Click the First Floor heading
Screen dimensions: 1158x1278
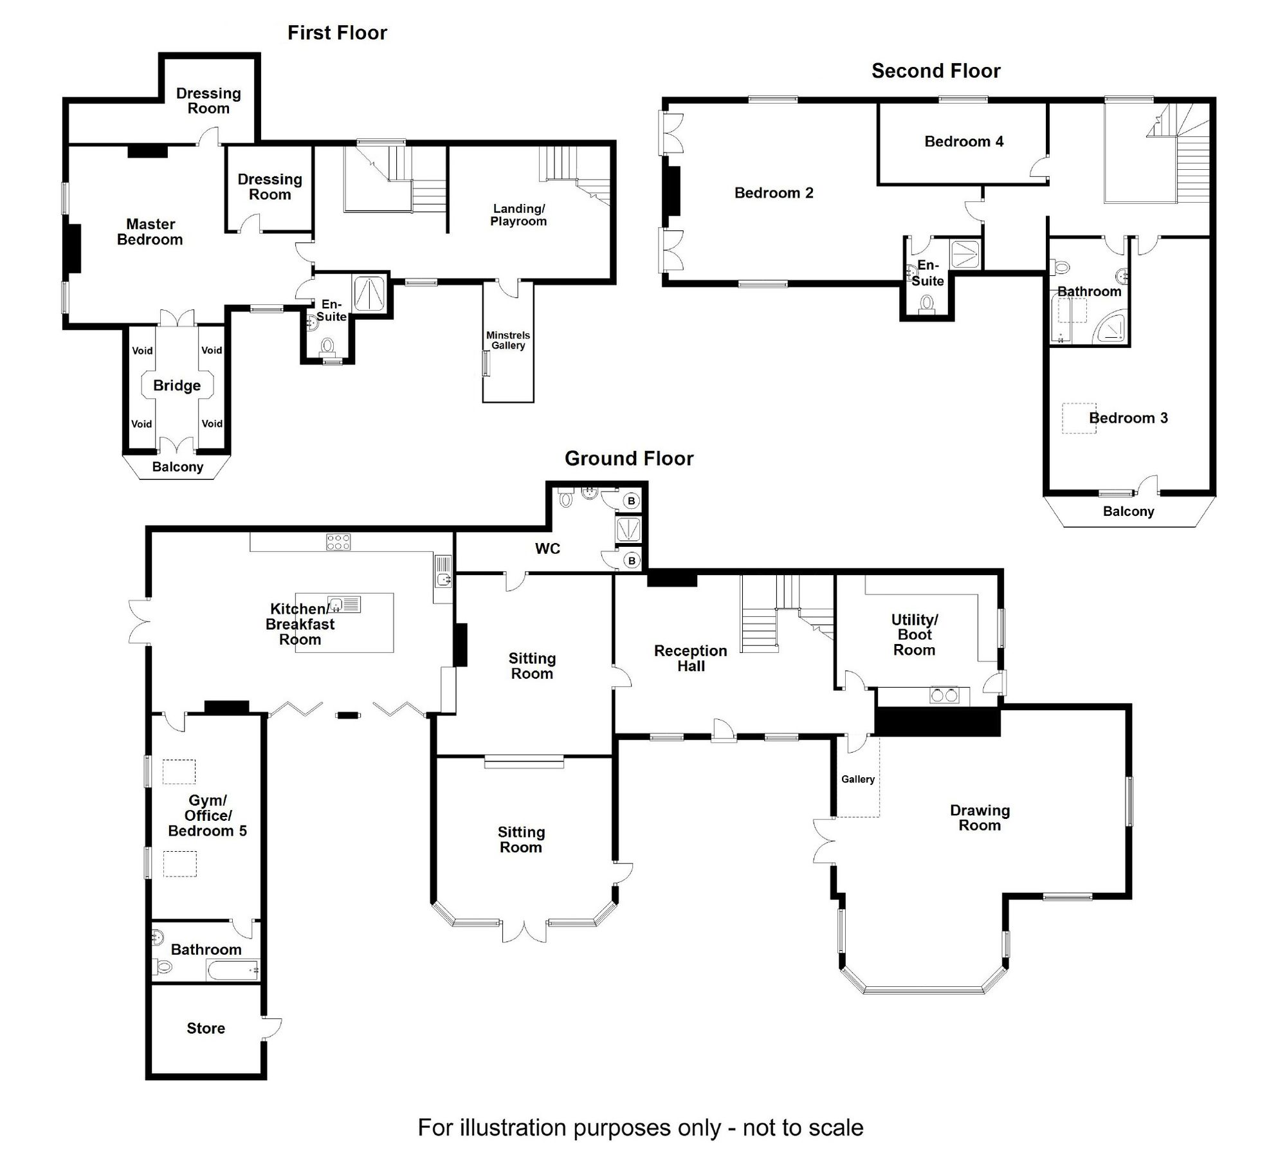[x=336, y=33]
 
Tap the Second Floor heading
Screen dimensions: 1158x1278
[x=935, y=71]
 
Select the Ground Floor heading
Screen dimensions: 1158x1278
[x=628, y=459]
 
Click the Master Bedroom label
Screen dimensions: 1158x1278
[x=150, y=232]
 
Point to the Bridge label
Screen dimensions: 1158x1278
[x=177, y=385]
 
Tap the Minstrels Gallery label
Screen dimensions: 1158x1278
[x=507, y=340]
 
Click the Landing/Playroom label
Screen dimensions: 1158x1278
[x=518, y=215]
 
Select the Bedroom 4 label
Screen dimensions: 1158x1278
[x=963, y=142]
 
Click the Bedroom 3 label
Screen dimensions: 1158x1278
[x=1128, y=418]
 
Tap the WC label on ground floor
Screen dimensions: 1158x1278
[x=547, y=549]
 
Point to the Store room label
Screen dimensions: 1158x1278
[x=206, y=1028]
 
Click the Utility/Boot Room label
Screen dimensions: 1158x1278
[x=914, y=635]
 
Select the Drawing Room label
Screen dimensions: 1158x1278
[x=980, y=818]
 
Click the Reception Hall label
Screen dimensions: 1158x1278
[x=690, y=658]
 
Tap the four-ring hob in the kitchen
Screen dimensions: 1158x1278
[x=338, y=542]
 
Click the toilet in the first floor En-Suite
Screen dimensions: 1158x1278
[x=327, y=347]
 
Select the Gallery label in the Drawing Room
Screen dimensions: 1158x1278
[x=857, y=779]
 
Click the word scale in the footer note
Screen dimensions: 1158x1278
[x=835, y=1128]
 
